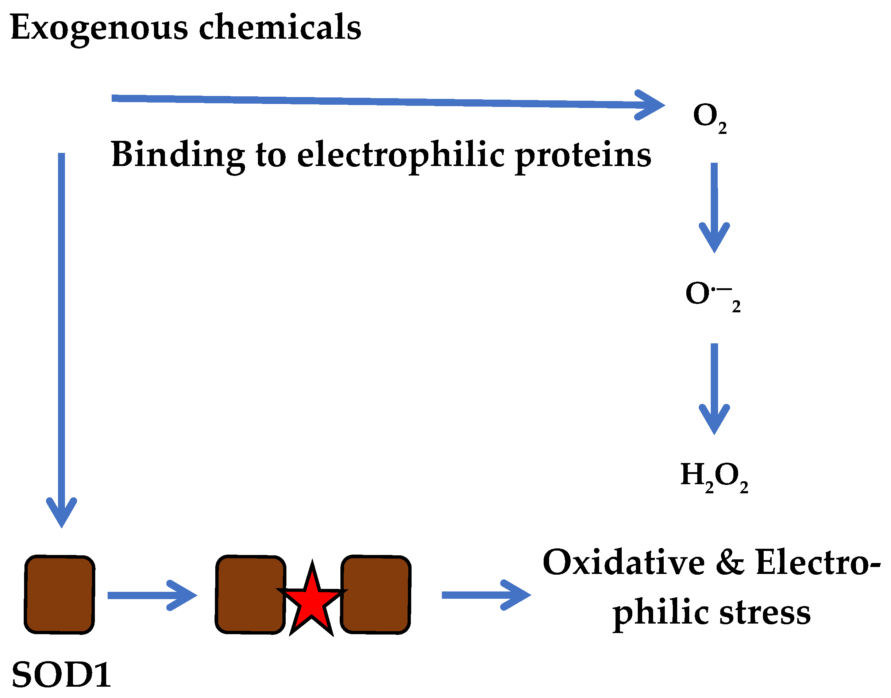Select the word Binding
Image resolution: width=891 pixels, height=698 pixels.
178,155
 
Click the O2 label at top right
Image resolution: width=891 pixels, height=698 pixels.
710,116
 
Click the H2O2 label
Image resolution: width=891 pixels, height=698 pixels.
714,476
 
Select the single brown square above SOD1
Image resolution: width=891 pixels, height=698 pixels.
60,595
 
